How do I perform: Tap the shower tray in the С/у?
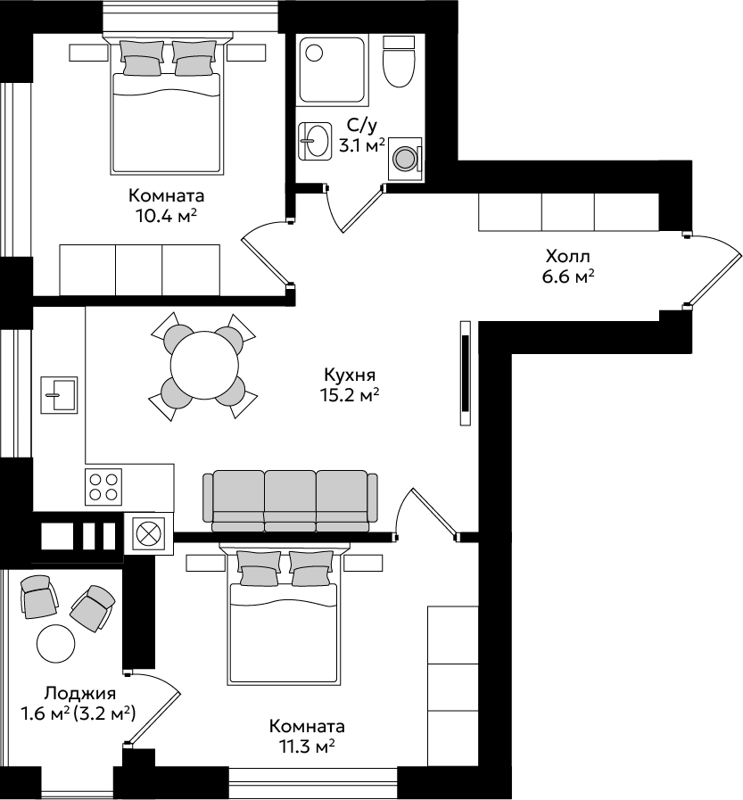click(333, 71)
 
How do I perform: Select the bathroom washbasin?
click(314, 140)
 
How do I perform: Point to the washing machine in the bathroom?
click(405, 159)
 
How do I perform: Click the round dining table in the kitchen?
click(204, 366)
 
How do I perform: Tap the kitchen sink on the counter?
click(59, 394)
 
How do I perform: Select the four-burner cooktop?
click(103, 486)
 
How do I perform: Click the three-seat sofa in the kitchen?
click(291, 502)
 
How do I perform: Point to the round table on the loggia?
click(56, 643)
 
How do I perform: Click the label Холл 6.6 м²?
click(568, 266)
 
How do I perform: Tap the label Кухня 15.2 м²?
click(351, 384)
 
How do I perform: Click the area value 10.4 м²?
click(166, 217)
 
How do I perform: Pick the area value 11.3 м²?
click(307, 747)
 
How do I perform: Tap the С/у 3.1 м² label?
click(362, 136)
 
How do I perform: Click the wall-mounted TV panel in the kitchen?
click(466, 373)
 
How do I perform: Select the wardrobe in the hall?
click(568, 211)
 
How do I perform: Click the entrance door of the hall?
click(714, 270)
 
